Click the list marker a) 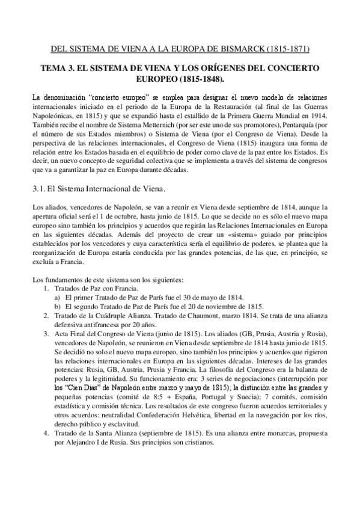58,297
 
